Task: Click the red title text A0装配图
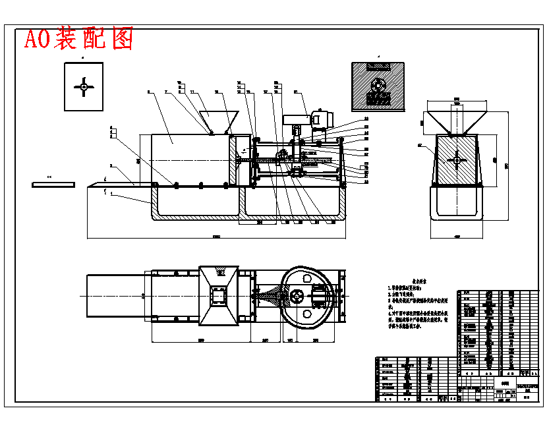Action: [x=78, y=39]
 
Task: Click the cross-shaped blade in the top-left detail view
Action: [x=84, y=86]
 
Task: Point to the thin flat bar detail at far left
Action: [x=53, y=185]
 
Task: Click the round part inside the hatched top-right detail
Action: [x=378, y=86]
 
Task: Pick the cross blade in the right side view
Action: [x=456, y=160]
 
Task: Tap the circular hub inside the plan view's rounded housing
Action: [x=299, y=297]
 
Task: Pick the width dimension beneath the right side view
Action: [x=456, y=237]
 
